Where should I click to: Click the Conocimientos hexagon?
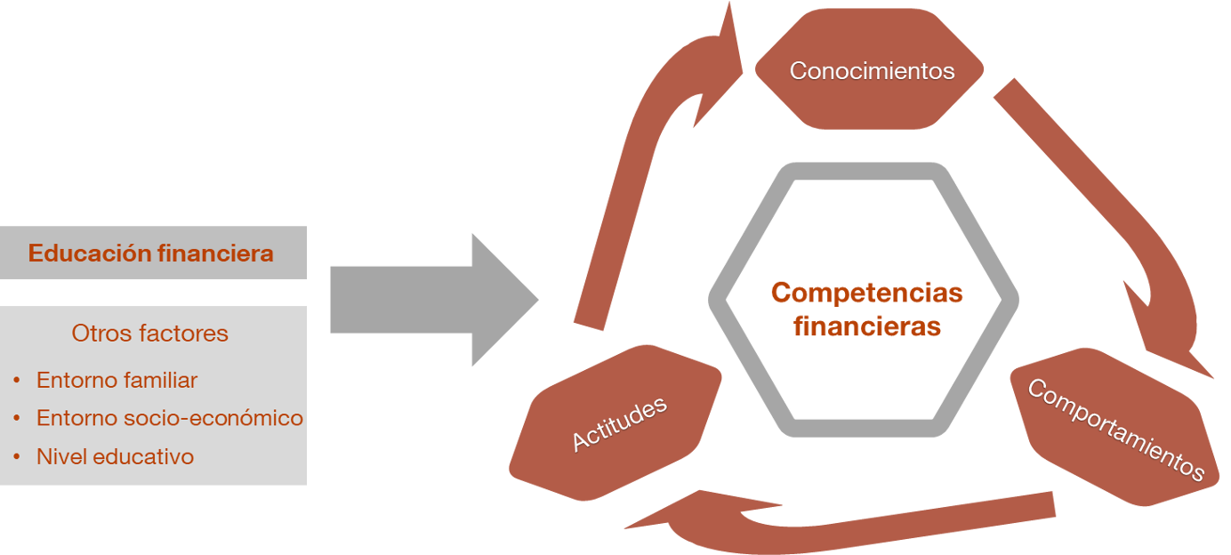click(870, 71)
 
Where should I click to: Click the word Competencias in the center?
click(866, 292)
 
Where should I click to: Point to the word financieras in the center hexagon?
click(866, 326)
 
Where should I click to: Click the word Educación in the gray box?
click(90, 253)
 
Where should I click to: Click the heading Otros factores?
click(149, 334)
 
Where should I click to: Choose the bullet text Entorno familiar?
click(117, 381)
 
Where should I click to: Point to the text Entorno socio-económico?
click(169, 418)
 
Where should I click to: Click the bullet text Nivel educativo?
click(115, 457)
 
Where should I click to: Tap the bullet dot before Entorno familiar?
click(17, 381)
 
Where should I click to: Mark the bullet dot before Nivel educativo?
click(17, 457)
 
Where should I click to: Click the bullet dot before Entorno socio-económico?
click(17, 419)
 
